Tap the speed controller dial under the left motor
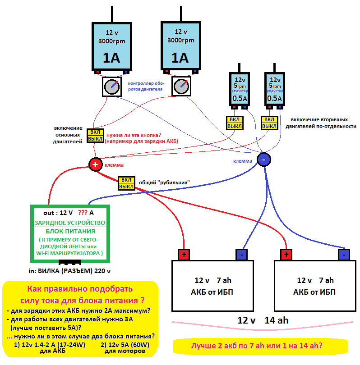point(111,86)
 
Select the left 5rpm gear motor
point(240,88)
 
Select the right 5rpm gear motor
point(274,88)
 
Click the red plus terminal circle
point(95,164)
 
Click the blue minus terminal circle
point(264,159)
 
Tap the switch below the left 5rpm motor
point(233,123)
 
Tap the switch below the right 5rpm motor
point(269,123)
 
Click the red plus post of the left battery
point(184,255)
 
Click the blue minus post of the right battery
point(344,255)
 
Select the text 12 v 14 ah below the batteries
point(263,320)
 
